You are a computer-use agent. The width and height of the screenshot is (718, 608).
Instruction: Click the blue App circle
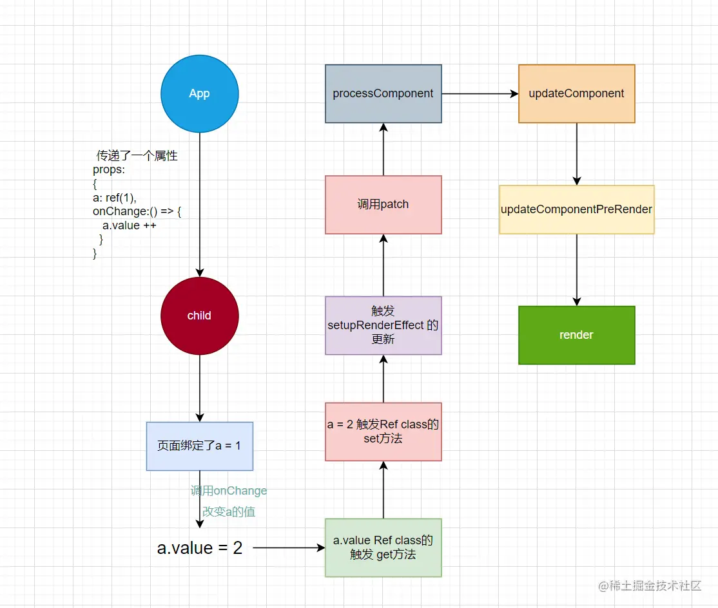click(x=199, y=93)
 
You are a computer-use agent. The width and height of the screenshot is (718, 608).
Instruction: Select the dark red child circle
click(x=199, y=316)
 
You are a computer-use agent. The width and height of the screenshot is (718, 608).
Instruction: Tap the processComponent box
click(x=383, y=93)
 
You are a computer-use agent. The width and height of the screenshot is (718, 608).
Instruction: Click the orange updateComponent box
click(x=576, y=93)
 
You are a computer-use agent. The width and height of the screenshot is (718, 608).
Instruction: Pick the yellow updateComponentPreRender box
click(x=576, y=209)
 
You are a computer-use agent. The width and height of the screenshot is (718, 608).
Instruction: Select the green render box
click(x=576, y=335)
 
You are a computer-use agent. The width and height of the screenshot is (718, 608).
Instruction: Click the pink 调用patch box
click(x=383, y=205)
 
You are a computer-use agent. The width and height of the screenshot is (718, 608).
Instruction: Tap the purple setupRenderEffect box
click(x=383, y=325)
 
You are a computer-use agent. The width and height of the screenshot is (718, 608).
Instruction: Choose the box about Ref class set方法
click(x=383, y=432)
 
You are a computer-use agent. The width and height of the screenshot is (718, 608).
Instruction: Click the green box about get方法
click(x=383, y=547)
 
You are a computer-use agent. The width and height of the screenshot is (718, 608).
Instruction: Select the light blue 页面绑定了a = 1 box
click(x=199, y=446)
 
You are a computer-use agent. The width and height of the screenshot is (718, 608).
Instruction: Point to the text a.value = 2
click(x=200, y=548)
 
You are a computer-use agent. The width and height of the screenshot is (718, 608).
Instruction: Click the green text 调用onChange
click(x=229, y=491)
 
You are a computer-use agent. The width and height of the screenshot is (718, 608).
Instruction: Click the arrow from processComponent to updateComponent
click(x=480, y=94)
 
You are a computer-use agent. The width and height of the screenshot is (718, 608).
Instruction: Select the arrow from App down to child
click(x=200, y=206)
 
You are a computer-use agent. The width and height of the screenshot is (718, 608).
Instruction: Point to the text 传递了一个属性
click(x=137, y=156)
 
